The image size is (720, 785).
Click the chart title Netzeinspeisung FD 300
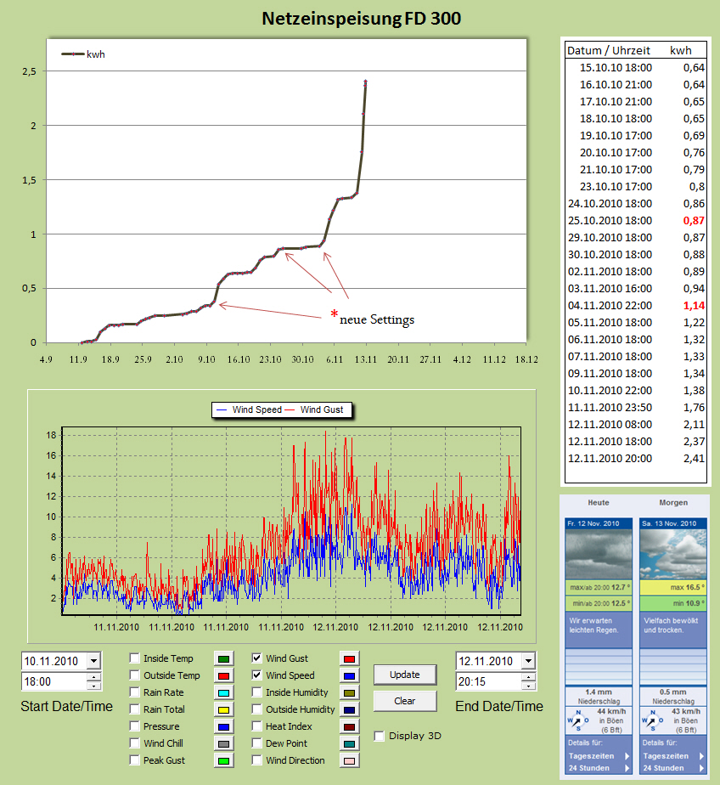[361, 18]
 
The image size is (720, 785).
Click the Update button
[405, 675]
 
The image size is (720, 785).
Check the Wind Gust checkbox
[257, 658]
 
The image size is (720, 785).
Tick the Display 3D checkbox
[379, 736]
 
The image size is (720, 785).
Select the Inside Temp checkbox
[135, 658]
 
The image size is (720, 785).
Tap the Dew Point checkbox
[257, 743]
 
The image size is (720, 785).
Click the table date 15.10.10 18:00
[616, 67]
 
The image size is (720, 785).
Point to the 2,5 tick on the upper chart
[29, 71]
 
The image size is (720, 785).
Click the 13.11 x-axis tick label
[366, 359]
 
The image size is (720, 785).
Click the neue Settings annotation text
[376, 319]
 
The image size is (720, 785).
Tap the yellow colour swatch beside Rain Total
[225, 709]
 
